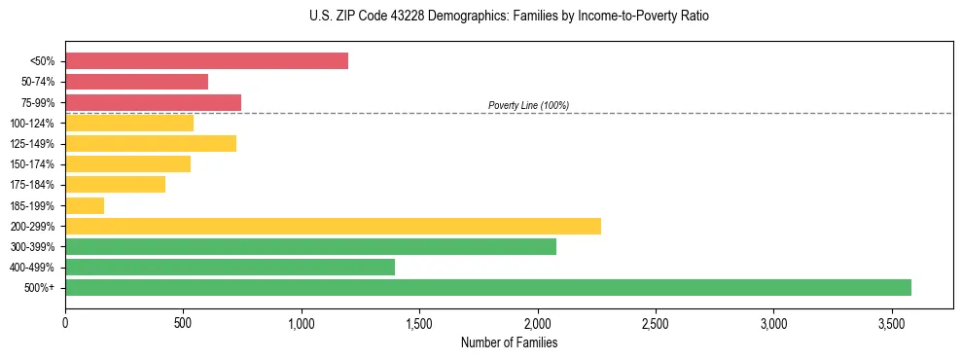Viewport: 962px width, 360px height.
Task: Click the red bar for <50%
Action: pyautogui.click(x=206, y=61)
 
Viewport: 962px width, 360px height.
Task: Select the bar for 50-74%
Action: pyautogui.click(x=136, y=82)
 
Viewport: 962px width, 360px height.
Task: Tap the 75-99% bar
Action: pyautogui.click(x=153, y=102)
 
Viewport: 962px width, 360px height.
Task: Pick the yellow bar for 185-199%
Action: pyautogui.click(x=85, y=205)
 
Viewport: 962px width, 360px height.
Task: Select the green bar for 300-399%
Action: pyautogui.click(x=310, y=246)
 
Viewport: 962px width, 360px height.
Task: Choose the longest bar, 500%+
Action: pyautogui.click(x=488, y=287)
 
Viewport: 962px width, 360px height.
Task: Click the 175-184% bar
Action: pyautogui.click(x=115, y=185)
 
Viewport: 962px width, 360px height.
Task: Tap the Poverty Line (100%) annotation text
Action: pyautogui.click(x=528, y=105)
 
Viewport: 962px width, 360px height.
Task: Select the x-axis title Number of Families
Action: pyautogui.click(x=509, y=342)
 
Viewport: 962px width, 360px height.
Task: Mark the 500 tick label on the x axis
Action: pyautogui.click(x=183, y=322)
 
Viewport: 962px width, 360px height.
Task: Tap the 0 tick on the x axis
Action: pyautogui.click(x=65, y=322)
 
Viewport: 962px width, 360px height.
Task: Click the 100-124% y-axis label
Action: pyautogui.click(x=33, y=124)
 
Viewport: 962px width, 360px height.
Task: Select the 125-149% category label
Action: pyautogui.click(x=33, y=144)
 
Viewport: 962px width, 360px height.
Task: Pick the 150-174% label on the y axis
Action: pyautogui.click(x=33, y=164)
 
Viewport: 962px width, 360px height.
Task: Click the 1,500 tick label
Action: pyautogui.click(x=419, y=322)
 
